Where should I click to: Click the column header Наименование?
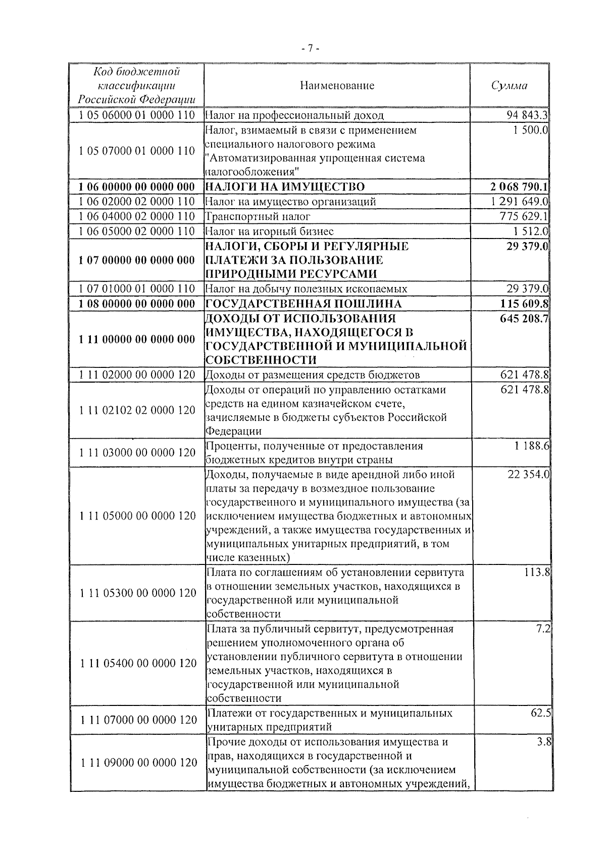tap(337, 85)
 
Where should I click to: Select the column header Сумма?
tap(509, 85)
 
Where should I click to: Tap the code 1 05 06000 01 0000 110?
tap(137, 115)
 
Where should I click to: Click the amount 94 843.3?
tap(527, 115)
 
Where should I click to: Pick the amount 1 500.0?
tap(531, 130)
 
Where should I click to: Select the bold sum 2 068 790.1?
tap(519, 187)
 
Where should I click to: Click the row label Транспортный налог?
tap(258, 216)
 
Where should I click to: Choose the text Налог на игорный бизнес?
tap(270, 231)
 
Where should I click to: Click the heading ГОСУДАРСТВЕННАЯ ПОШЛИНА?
tap(304, 304)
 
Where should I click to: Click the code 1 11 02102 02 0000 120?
tap(137, 410)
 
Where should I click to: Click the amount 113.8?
tap(537, 573)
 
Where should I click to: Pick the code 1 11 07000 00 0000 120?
tap(137, 720)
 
